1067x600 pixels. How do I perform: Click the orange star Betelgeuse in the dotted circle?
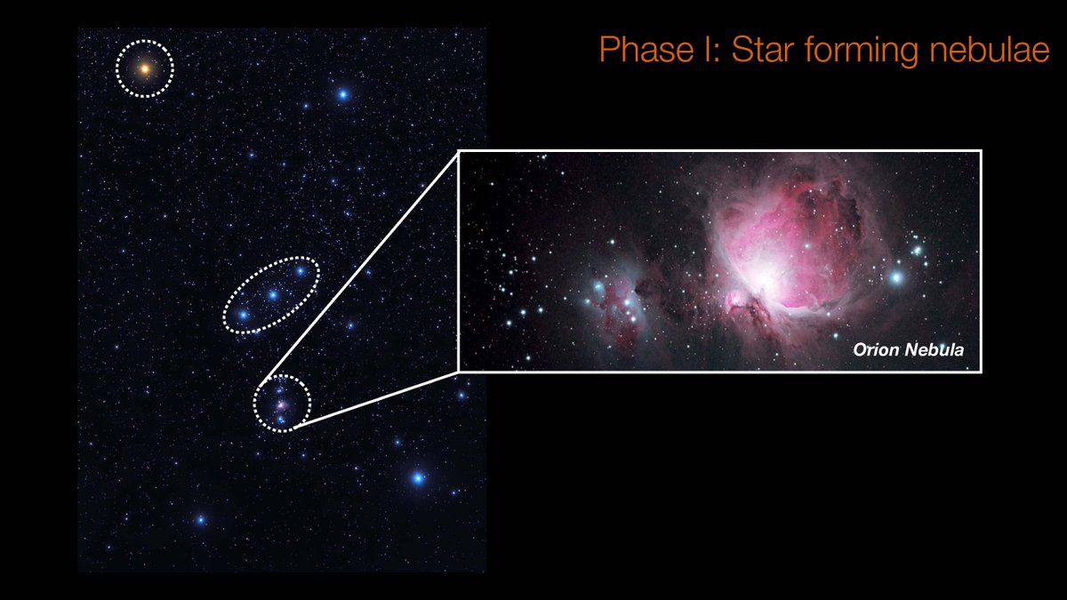click(x=145, y=68)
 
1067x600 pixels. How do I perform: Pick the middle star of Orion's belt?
click(x=273, y=294)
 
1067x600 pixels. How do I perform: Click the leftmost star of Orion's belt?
click(x=243, y=314)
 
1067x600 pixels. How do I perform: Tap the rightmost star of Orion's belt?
click(x=301, y=270)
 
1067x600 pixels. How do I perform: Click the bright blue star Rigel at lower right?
click(x=418, y=478)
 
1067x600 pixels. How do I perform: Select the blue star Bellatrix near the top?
click(x=343, y=93)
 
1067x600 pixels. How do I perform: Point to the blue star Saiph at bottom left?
click(x=200, y=519)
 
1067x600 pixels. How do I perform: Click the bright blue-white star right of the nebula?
click(x=896, y=277)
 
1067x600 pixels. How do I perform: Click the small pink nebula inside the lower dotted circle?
click(x=282, y=404)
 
